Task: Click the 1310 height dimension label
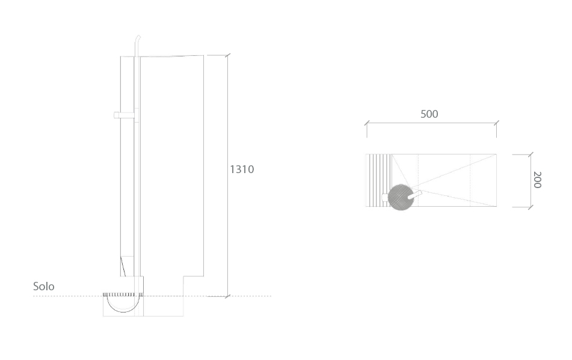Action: pyautogui.click(x=242, y=169)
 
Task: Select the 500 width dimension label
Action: pyautogui.click(x=429, y=114)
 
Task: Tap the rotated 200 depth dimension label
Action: pyautogui.click(x=537, y=180)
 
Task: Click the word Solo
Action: pyautogui.click(x=44, y=287)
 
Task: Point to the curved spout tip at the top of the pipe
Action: pyautogui.click(x=138, y=37)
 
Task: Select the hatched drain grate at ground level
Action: pyautogui.click(x=119, y=294)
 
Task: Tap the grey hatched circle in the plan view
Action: pyautogui.click(x=400, y=197)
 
